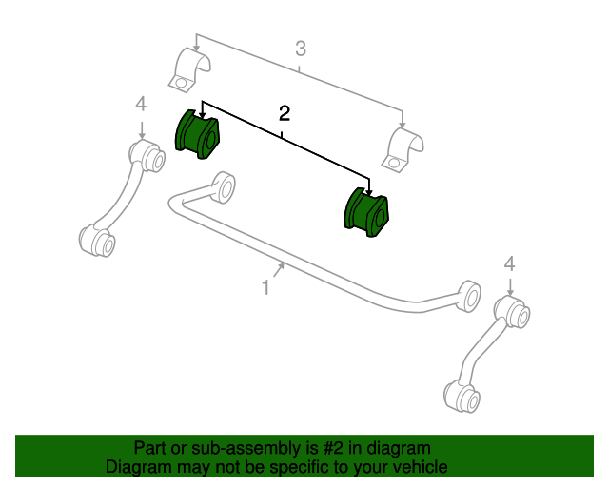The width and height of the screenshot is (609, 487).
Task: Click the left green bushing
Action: pyautogui.click(x=197, y=134)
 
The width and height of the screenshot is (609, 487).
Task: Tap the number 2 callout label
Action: pyautogui.click(x=284, y=113)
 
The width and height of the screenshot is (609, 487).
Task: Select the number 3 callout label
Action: pyautogui.click(x=300, y=49)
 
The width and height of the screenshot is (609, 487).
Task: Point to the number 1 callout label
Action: pyautogui.click(x=266, y=286)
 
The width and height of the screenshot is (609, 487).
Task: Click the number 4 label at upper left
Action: pyautogui.click(x=141, y=104)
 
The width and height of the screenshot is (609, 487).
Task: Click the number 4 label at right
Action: pyautogui.click(x=510, y=263)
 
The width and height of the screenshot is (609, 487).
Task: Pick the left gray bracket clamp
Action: pyautogui.click(x=193, y=74)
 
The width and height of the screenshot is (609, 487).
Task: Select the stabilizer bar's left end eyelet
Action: pyautogui.click(x=225, y=186)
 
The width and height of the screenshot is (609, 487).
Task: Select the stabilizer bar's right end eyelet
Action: pyautogui.click(x=467, y=294)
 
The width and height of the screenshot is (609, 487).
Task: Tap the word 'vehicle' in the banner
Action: pyautogui.click(x=420, y=467)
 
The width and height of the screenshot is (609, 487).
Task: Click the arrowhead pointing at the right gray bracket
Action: pyautogui.click(x=403, y=127)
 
